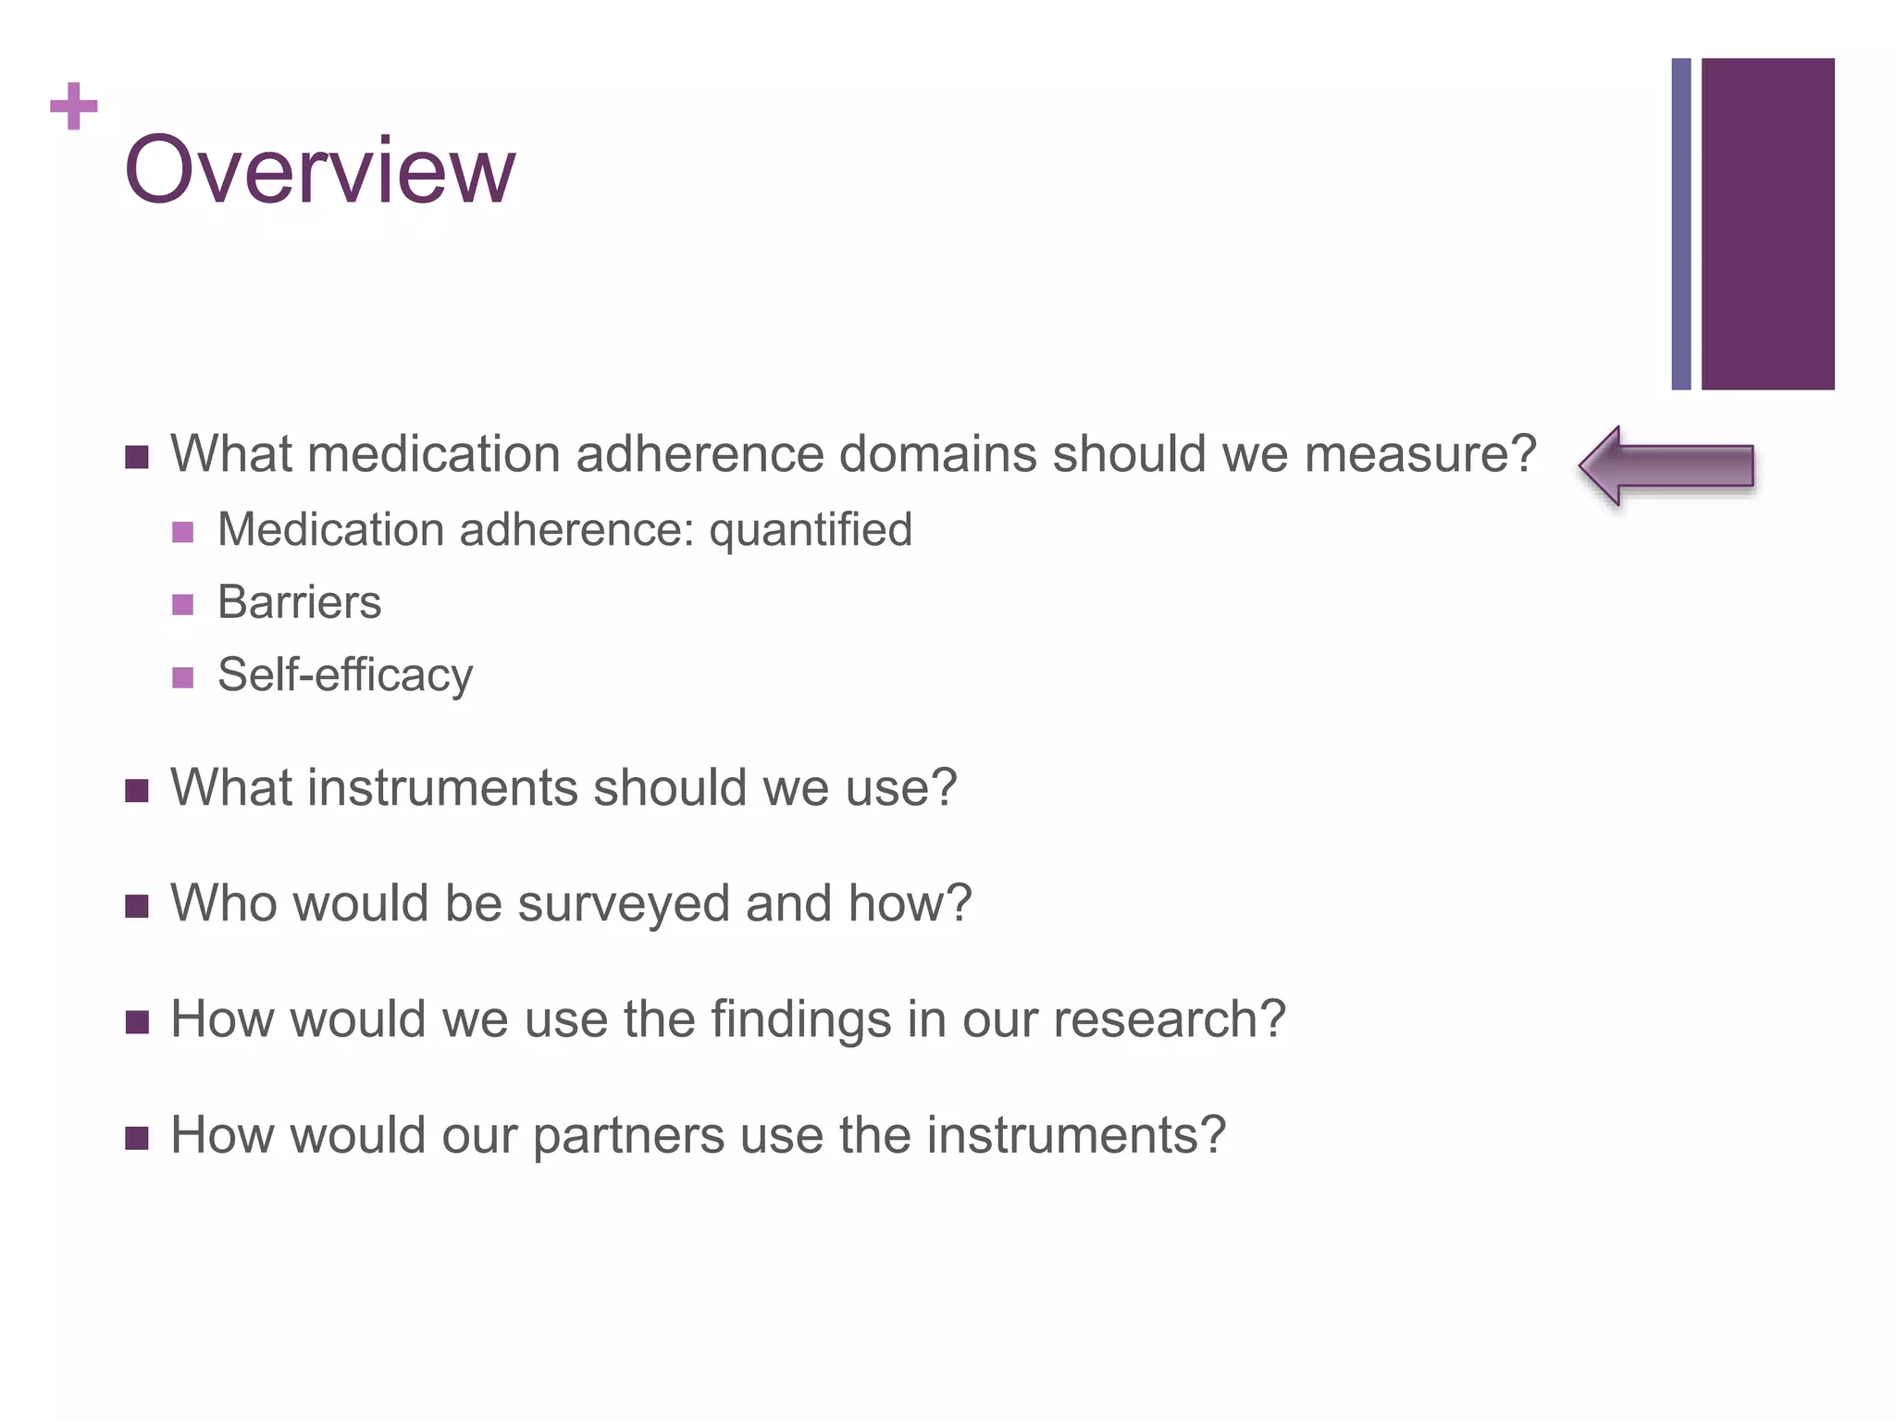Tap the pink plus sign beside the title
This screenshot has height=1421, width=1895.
[x=74, y=106]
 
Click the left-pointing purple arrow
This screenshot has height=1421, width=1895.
[x=1666, y=466]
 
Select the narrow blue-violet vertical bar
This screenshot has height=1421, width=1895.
[x=1681, y=224]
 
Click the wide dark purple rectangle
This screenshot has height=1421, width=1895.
[x=1767, y=224]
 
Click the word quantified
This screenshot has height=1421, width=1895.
[x=811, y=530]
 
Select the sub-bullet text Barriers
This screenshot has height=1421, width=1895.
[x=299, y=602]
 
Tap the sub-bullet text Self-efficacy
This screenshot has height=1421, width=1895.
[x=345, y=674]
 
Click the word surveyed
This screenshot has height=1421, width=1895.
[x=624, y=903]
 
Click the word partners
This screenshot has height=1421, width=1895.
[x=628, y=1135]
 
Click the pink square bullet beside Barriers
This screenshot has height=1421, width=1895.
[x=183, y=605]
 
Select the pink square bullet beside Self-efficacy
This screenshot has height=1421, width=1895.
[x=183, y=677]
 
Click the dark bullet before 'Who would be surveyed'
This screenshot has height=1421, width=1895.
[x=137, y=906]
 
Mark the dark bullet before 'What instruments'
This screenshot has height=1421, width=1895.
[x=137, y=791]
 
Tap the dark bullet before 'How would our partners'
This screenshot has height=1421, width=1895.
[x=137, y=1137]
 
